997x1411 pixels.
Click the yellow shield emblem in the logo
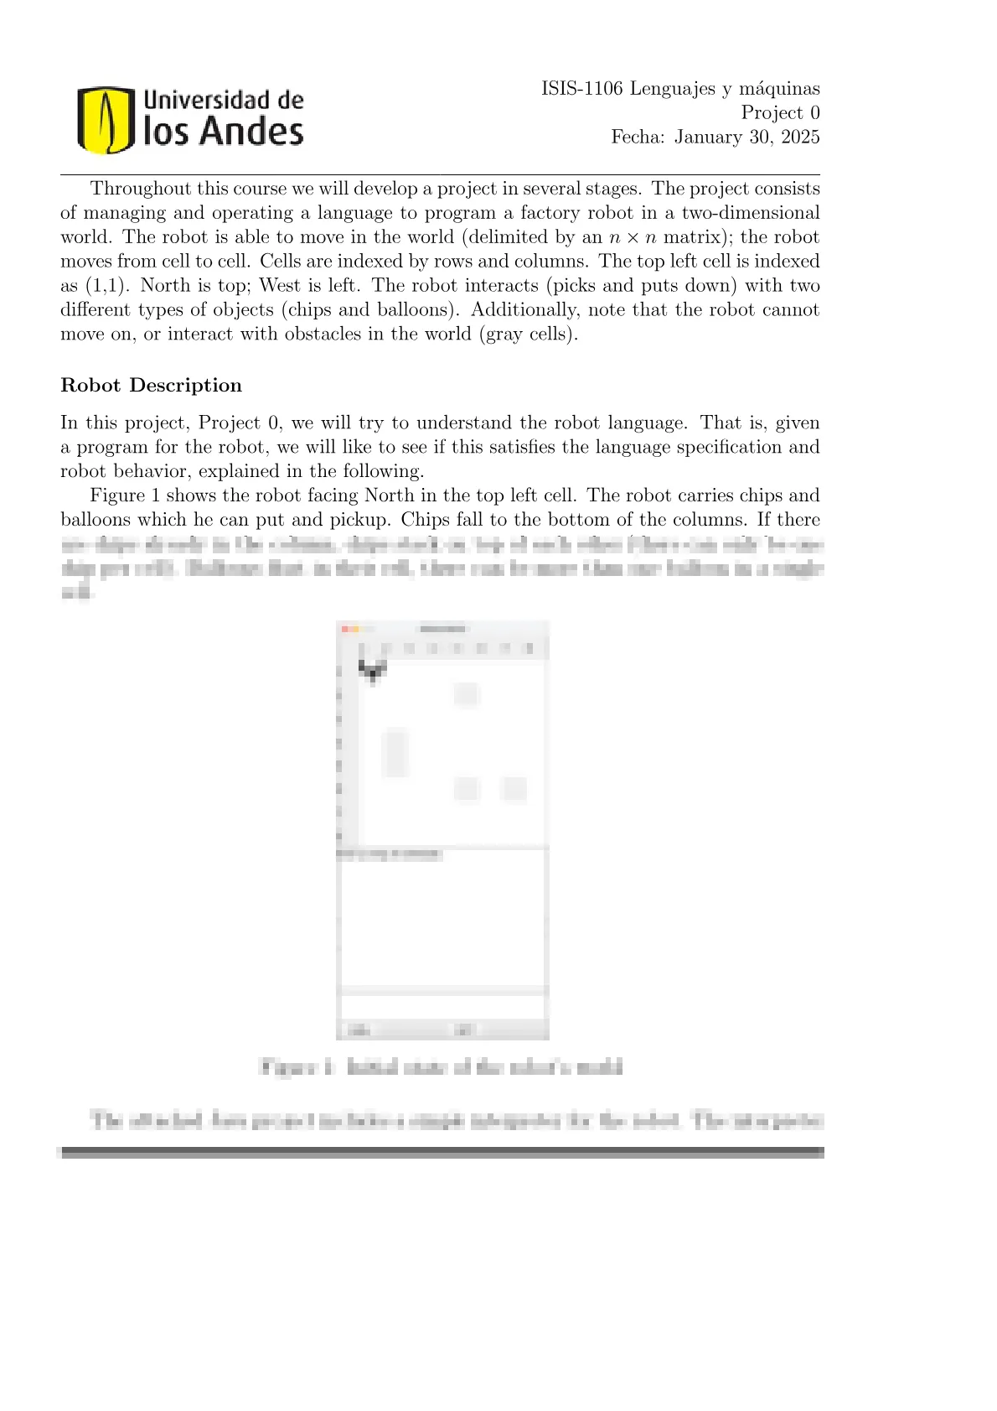(x=106, y=120)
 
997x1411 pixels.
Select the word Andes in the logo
(x=251, y=132)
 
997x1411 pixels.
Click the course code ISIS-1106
(x=581, y=89)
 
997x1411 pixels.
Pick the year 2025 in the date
(x=800, y=137)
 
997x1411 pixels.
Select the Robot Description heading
(x=151, y=386)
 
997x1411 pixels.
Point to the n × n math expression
(x=633, y=237)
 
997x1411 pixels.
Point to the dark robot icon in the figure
(x=373, y=670)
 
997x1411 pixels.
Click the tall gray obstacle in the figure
(x=395, y=753)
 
